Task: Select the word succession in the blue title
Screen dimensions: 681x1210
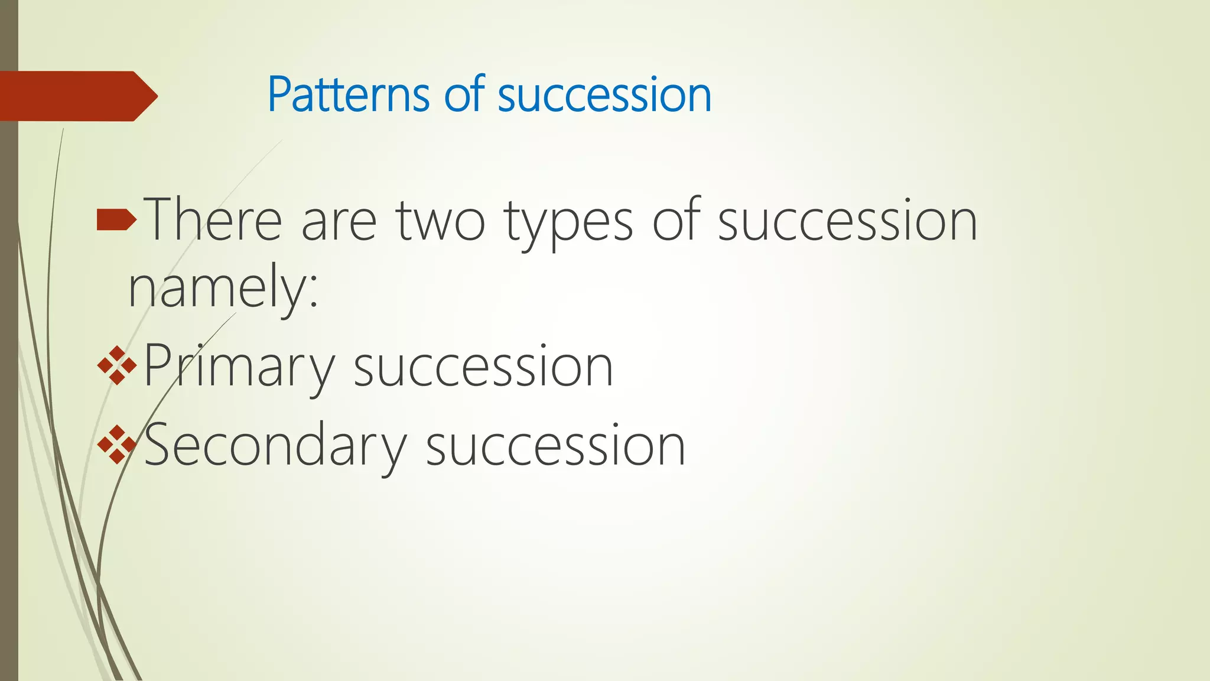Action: pyautogui.click(x=604, y=96)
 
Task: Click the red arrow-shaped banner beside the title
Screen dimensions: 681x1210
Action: pyautogui.click(x=77, y=96)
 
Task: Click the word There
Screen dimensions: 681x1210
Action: pyautogui.click(x=213, y=220)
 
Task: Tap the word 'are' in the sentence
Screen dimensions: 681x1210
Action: pyautogui.click(x=339, y=221)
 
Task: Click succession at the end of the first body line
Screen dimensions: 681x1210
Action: pyautogui.click(x=847, y=221)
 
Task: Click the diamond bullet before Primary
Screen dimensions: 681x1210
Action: pyautogui.click(x=116, y=366)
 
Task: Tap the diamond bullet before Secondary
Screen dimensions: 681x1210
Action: pyautogui.click(x=116, y=444)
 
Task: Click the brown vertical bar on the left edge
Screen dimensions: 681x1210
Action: pyautogui.click(x=9, y=384)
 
